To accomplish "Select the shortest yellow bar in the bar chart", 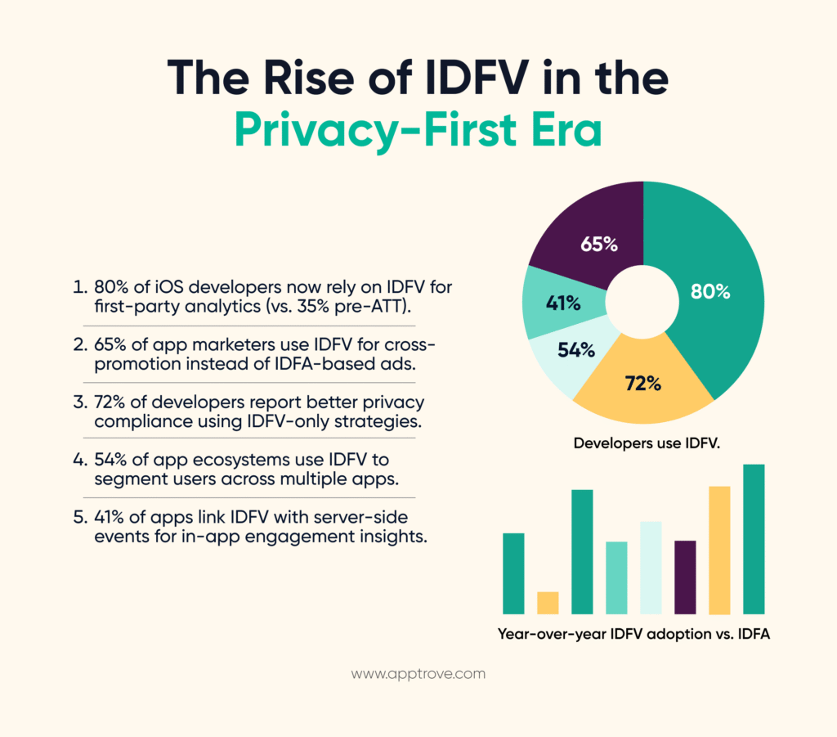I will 548,602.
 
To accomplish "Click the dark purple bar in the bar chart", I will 685,577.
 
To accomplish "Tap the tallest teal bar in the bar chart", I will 753,539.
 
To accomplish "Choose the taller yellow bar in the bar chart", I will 719,550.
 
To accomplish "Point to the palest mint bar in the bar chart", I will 651,567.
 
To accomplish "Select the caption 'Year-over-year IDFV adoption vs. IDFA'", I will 633,634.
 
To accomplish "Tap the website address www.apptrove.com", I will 418,674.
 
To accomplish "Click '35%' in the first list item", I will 338,308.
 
